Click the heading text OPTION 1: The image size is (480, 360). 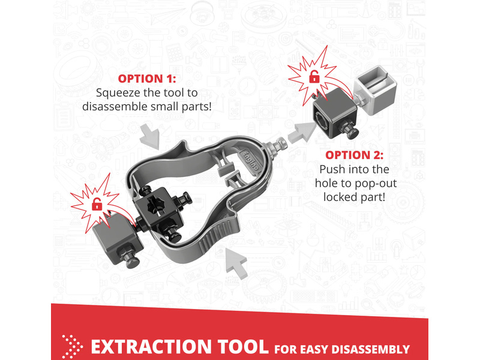coord(147,79)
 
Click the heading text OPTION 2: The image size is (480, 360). coord(354,155)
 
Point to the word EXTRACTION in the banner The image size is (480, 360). coord(151,347)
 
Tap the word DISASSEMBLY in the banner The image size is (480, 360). coord(370,349)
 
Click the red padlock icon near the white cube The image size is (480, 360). coord(314,77)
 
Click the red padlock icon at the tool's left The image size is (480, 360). coord(97,204)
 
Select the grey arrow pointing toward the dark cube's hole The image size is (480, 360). coord(302,132)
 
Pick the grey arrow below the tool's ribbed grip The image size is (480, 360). coord(236,263)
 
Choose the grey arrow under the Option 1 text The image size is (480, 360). coord(150,137)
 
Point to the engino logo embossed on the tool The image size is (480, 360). coord(251,161)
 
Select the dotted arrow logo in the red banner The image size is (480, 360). coord(72,347)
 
